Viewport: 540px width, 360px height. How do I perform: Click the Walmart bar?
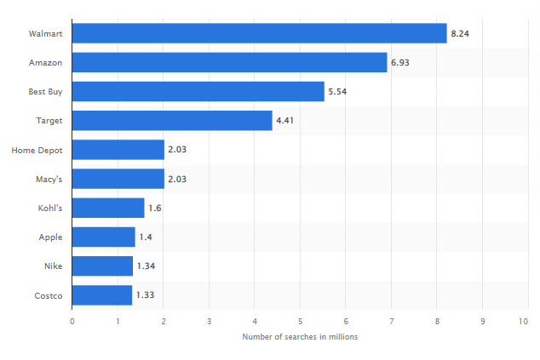[259, 33]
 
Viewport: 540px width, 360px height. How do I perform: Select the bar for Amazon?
[229, 62]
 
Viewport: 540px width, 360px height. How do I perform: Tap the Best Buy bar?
[198, 91]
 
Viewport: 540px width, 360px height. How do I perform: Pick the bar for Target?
[172, 121]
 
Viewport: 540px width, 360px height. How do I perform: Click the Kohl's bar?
[108, 208]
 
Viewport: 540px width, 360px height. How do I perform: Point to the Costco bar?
[102, 295]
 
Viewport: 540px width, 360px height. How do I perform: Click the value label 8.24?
[460, 33]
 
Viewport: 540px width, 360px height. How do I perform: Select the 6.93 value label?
[400, 62]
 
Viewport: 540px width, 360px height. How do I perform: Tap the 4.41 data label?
[285, 121]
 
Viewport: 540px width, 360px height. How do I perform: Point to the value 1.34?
[146, 266]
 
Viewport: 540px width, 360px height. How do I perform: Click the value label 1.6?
[155, 208]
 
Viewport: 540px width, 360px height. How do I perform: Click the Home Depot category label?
[37, 150]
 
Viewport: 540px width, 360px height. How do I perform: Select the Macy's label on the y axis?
[49, 179]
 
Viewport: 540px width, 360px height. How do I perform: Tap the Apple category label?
[50, 237]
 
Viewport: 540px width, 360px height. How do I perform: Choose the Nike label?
[53, 266]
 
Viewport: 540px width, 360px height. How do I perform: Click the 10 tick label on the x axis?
[523, 321]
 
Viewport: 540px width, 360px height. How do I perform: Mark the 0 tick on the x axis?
[72, 321]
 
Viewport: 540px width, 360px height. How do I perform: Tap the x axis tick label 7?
[392, 321]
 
